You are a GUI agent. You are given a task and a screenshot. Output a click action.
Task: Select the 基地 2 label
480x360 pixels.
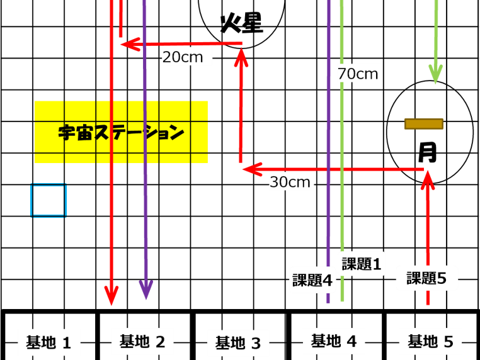point(142,342)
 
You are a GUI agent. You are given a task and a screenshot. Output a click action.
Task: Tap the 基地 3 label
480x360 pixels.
point(238,343)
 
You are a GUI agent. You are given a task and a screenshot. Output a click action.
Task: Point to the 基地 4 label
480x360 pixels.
point(334,341)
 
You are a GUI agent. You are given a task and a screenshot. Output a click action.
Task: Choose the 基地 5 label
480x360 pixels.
point(430,342)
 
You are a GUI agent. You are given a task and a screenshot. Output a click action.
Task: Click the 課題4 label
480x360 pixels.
point(312,280)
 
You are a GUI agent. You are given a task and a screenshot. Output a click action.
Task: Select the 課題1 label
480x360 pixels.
point(362,264)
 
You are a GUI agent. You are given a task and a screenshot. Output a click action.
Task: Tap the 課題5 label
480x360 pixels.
point(426,278)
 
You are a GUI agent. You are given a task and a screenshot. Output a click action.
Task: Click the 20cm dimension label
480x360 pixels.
point(183,57)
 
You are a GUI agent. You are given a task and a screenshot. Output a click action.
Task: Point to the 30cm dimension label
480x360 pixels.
point(290,183)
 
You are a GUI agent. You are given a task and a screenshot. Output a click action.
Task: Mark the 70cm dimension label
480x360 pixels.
point(358,74)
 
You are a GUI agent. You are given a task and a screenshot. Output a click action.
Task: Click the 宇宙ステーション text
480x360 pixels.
point(121,133)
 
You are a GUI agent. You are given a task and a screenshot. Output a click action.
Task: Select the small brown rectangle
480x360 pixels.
point(423,124)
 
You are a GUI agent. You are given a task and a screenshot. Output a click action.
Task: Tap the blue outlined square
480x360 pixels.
point(49,201)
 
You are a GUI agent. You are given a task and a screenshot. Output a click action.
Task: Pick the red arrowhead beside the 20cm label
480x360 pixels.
point(130,44)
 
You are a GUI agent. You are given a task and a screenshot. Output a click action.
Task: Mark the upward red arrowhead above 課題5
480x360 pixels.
point(427,179)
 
